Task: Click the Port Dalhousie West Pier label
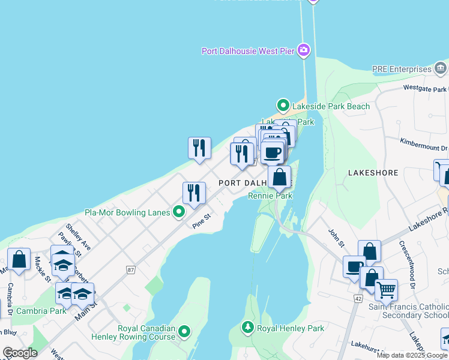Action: point(247,51)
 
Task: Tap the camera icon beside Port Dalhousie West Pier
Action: point(304,50)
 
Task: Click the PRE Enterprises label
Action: point(402,69)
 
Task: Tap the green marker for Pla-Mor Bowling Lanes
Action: point(179,212)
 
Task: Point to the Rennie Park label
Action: point(270,196)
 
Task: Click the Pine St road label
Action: point(202,221)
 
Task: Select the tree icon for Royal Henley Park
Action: point(247,328)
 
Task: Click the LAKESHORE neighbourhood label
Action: point(373,173)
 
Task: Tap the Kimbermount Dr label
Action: point(424,144)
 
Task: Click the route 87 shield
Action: point(131,271)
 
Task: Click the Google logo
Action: point(20,353)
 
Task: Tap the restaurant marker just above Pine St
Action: point(194,193)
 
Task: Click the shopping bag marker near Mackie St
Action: point(19,260)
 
